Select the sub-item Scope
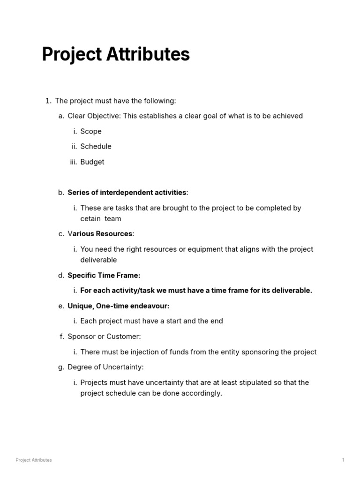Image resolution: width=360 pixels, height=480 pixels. (x=90, y=131)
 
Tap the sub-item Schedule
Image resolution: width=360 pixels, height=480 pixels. (x=96, y=146)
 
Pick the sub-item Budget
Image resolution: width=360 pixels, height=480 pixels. (x=92, y=162)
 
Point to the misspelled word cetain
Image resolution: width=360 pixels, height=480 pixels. (x=90, y=218)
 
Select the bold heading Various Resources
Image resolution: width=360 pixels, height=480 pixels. (x=100, y=233)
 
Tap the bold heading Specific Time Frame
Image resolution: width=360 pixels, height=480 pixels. (x=104, y=275)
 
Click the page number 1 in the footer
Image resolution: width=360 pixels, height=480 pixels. (x=343, y=460)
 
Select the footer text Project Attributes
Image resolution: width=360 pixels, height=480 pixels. (x=34, y=460)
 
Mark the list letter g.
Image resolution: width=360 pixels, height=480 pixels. (x=60, y=367)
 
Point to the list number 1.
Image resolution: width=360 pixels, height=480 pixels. (x=47, y=100)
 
